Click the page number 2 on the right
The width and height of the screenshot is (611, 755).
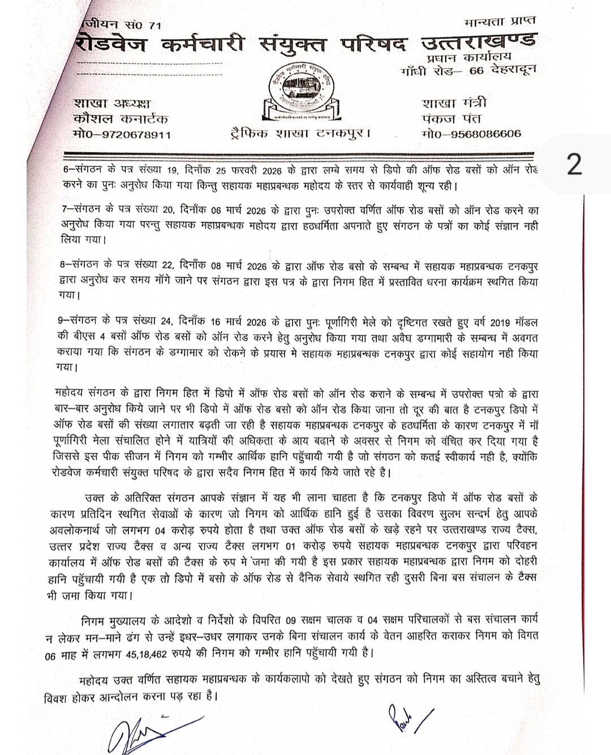coord(574,165)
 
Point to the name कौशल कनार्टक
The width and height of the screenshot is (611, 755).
coord(121,119)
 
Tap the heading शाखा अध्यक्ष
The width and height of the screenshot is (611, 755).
coord(113,103)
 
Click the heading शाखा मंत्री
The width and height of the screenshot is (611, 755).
coord(454,103)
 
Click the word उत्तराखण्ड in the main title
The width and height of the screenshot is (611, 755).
coord(479,44)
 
